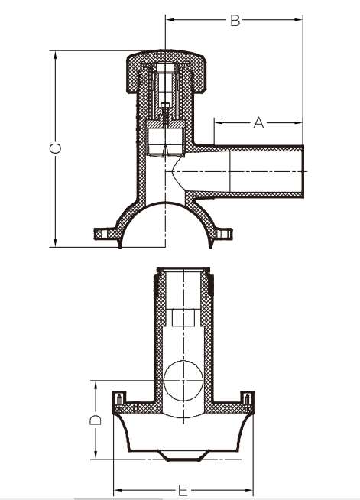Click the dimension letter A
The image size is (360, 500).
coord(259,122)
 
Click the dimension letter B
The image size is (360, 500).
coord(235,20)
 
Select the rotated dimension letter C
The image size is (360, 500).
coord(55,148)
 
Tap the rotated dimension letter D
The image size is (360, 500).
coord(96,420)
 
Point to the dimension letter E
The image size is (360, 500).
coord(183,490)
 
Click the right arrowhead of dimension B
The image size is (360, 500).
coord(299,20)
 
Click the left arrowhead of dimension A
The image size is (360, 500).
coord(219,122)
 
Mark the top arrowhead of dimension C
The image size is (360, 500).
coord(55,55)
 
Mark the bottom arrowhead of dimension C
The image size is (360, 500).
coord(55,242)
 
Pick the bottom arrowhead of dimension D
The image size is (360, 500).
coord(96,455)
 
